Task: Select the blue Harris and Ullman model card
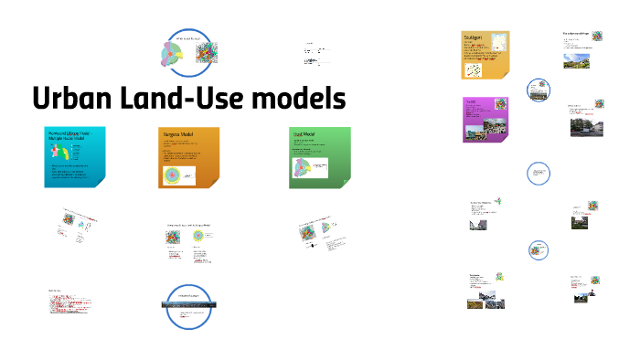[75, 158]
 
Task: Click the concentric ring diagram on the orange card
[173, 175]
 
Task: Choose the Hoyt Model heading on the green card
[304, 134]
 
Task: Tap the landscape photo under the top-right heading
[579, 63]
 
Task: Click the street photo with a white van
[582, 131]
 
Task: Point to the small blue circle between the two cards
[539, 90]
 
